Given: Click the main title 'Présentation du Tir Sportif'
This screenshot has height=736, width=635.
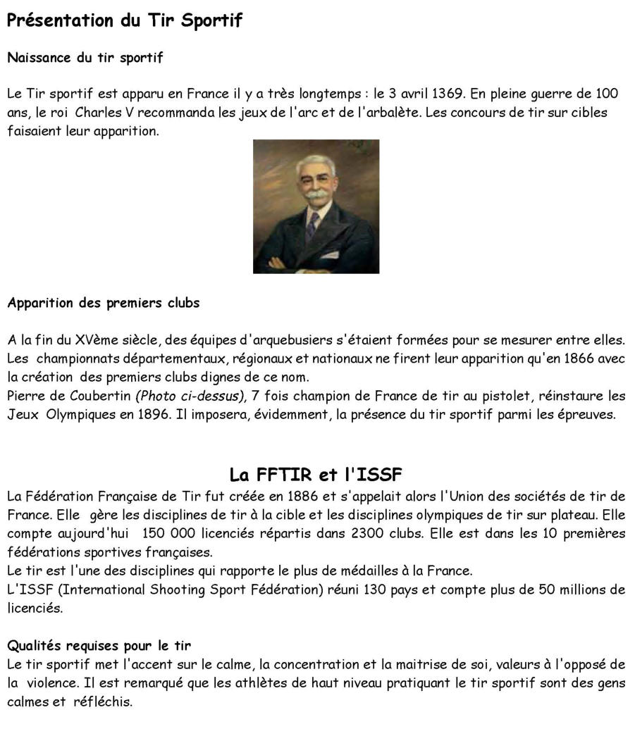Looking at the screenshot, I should point(124,20).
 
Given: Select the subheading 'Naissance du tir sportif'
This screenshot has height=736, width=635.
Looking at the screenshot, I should point(85,58).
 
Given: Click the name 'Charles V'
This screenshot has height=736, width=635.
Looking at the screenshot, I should point(101,113).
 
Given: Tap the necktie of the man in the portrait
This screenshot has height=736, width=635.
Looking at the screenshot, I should point(312,225).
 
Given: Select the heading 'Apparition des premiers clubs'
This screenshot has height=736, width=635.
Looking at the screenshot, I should point(104,304).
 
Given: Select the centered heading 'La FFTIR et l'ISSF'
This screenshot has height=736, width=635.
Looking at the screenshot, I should point(316,473).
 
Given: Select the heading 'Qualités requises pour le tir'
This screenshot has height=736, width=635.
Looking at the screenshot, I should point(99,646).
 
